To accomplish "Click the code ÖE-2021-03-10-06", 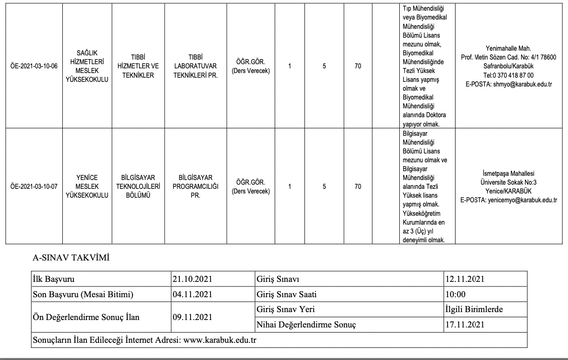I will (33, 66).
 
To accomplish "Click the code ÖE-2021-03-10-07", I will (33, 187).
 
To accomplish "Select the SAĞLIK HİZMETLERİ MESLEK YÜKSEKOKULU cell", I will (87, 66).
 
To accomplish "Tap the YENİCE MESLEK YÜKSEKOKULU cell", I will (87, 187).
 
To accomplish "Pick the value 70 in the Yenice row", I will (358, 187).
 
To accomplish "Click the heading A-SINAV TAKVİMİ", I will (71, 258).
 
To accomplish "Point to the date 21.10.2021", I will (192, 280).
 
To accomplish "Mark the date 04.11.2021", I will (192, 294).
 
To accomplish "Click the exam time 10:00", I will (455, 294).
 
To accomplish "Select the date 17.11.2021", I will (465, 325).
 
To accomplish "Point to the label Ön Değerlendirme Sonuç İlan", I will (86, 317).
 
